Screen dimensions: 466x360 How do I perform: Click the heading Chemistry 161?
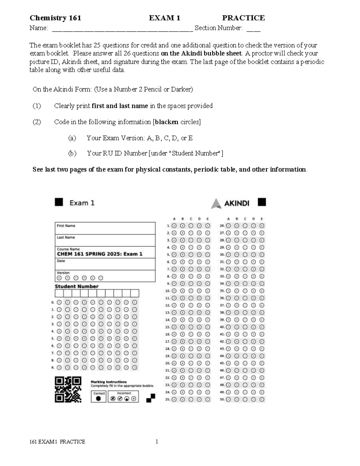coord(55,18)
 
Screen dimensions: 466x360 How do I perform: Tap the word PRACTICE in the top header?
coord(243,18)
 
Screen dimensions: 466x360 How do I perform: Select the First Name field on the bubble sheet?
coord(105,228)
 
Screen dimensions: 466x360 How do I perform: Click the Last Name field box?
coord(105,240)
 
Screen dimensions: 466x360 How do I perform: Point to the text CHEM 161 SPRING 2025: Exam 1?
coord(100,254)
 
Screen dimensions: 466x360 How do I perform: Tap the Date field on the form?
coord(105,264)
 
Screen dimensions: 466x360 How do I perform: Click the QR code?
coord(68,389)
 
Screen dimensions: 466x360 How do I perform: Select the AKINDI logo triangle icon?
coord(216,203)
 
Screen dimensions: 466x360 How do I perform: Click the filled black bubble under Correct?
coord(98,398)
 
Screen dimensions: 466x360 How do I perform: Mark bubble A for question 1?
coord(174,226)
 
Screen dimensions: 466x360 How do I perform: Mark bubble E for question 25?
coord(208,399)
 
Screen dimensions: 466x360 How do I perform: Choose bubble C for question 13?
coord(191,312)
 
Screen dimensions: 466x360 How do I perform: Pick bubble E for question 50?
coord(262,399)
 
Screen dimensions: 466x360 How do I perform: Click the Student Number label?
coord(76,286)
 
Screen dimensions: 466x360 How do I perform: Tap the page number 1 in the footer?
coord(157,441)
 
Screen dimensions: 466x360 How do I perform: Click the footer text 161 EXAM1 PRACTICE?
coord(57,442)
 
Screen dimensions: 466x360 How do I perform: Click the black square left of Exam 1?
coord(59,202)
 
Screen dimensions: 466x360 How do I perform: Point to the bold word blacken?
coord(166,122)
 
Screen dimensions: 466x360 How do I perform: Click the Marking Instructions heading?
coord(109,382)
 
